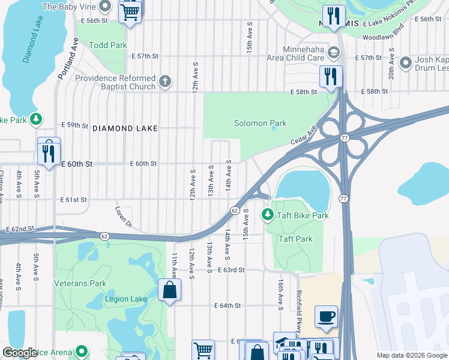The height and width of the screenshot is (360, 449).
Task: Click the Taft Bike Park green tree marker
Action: [x=267, y=214]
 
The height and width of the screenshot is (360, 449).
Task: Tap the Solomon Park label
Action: [x=260, y=123]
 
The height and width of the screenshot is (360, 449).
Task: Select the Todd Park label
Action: [x=109, y=45]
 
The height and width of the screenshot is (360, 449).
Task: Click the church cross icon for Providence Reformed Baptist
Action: [x=166, y=80]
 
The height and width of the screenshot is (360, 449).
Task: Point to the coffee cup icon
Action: [x=326, y=316]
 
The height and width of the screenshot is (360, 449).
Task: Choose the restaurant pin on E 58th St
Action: [x=330, y=77]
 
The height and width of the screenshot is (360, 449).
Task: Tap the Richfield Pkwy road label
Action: [x=298, y=310]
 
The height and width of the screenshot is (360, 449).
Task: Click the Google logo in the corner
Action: [x=20, y=352]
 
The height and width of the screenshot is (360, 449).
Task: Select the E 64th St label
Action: [x=228, y=305]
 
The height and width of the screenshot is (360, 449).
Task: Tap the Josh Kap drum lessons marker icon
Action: [x=406, y=62]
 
